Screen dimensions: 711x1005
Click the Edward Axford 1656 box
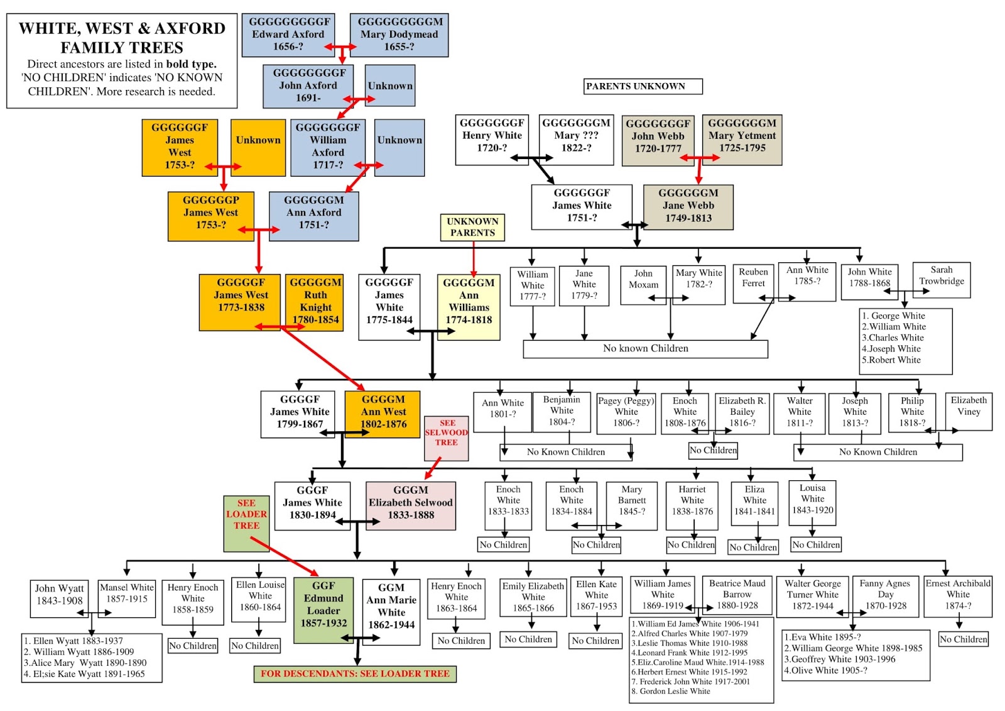(288, 34)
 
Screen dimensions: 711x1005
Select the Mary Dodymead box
(399, 34)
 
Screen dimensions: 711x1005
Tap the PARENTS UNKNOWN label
(642, 86)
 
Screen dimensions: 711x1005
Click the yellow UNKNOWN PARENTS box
(472, 227)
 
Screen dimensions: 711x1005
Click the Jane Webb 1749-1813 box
(688, 206)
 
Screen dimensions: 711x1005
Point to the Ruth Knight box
(315, 302)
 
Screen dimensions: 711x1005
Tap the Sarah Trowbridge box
(941, 279)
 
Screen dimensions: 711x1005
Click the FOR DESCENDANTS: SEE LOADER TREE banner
(355, 674)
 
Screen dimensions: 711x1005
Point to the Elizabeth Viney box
(968, 411)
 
